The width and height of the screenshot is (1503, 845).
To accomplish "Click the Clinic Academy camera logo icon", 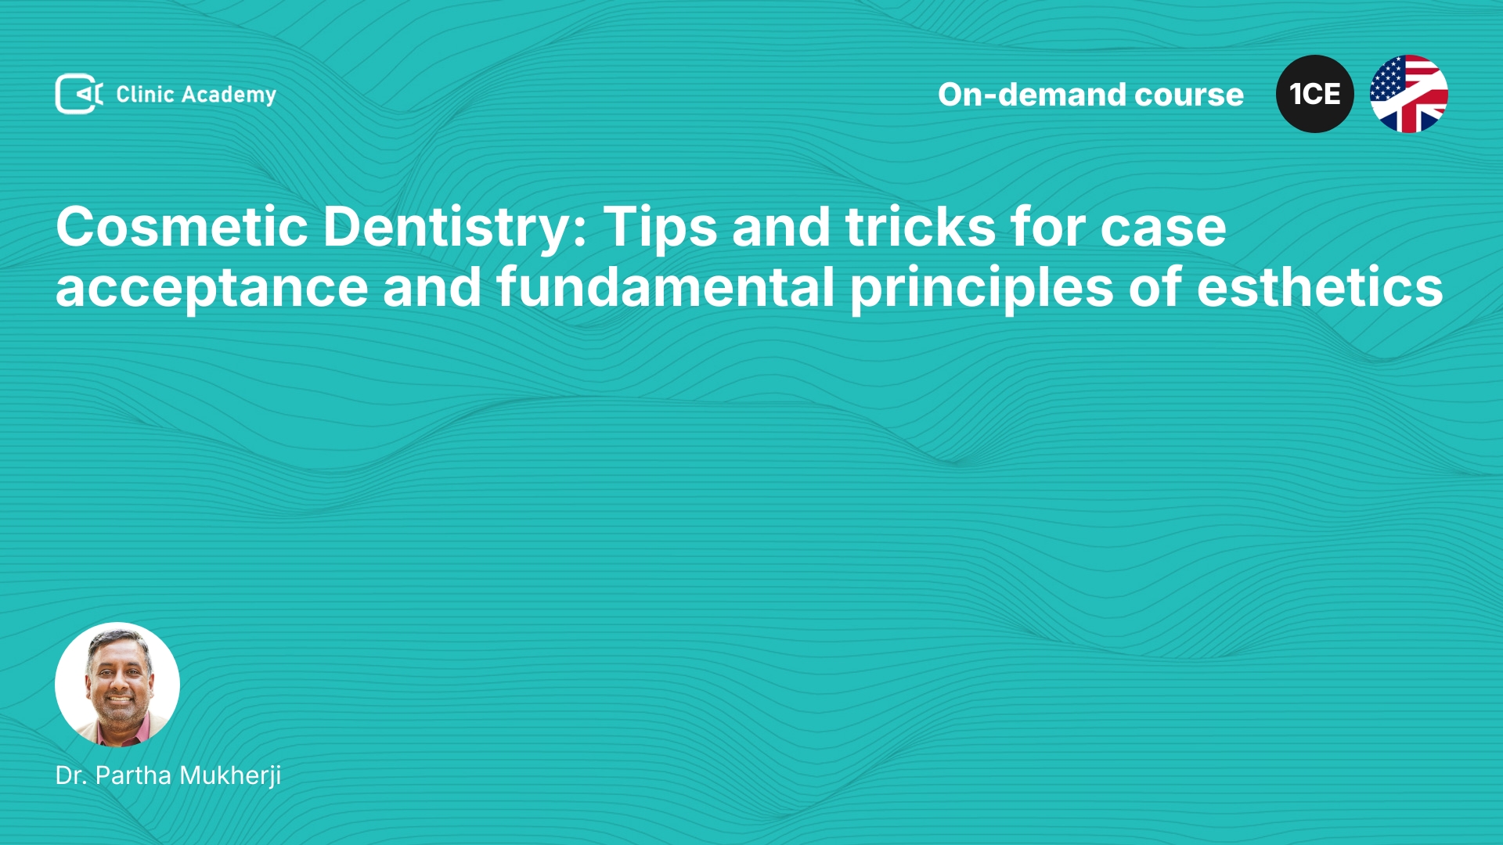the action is pyautogui.click(x=79, y=94).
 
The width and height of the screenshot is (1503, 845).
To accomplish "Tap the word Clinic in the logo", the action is pyautogui.click(x=145, y=94).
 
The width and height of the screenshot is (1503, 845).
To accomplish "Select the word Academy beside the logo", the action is pyautogui.click(x=229, y=95).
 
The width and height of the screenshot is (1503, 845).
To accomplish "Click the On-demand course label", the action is pyautogui.click(x=1090, y=95).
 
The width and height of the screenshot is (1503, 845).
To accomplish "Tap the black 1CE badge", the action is pyautogui.click(x=1315, y=94).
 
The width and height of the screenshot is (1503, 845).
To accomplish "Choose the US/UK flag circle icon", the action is pyautogui.click(x=1409, y=94).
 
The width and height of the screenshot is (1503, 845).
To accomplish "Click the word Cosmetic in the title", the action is pyautogui.click(x=182, y=227).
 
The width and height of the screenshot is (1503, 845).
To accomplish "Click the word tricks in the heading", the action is pyautogui.click(x=921, y=227).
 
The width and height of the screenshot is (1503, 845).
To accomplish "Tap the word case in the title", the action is pyautogui.click(x=1163, y=231).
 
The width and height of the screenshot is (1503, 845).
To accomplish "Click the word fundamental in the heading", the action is pyautogui.click(x=665, y=286).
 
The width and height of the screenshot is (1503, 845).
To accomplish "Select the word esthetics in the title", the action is pyautogui.click(x=1320, y=286).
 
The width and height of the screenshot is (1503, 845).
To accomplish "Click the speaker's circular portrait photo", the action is pyautogui.click(x=117, y=685).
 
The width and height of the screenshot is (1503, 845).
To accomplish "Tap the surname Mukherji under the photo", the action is pyautogui.click(x=230, y=776).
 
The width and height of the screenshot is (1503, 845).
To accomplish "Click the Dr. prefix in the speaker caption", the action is pyautogui.click(x=71, y=775).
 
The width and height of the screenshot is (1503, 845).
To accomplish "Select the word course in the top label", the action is pyautogui.click(x=1189, y=95).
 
